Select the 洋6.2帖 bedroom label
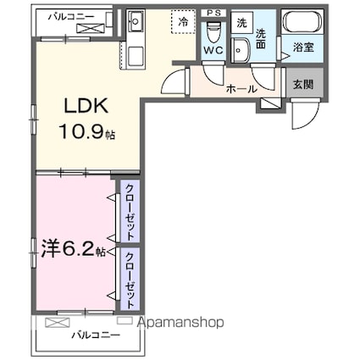pos(73,252)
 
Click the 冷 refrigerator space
pos(181,23)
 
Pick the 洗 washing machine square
pos(241,23)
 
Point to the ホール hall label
pos(241,86)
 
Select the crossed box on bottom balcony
pos(58,323)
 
